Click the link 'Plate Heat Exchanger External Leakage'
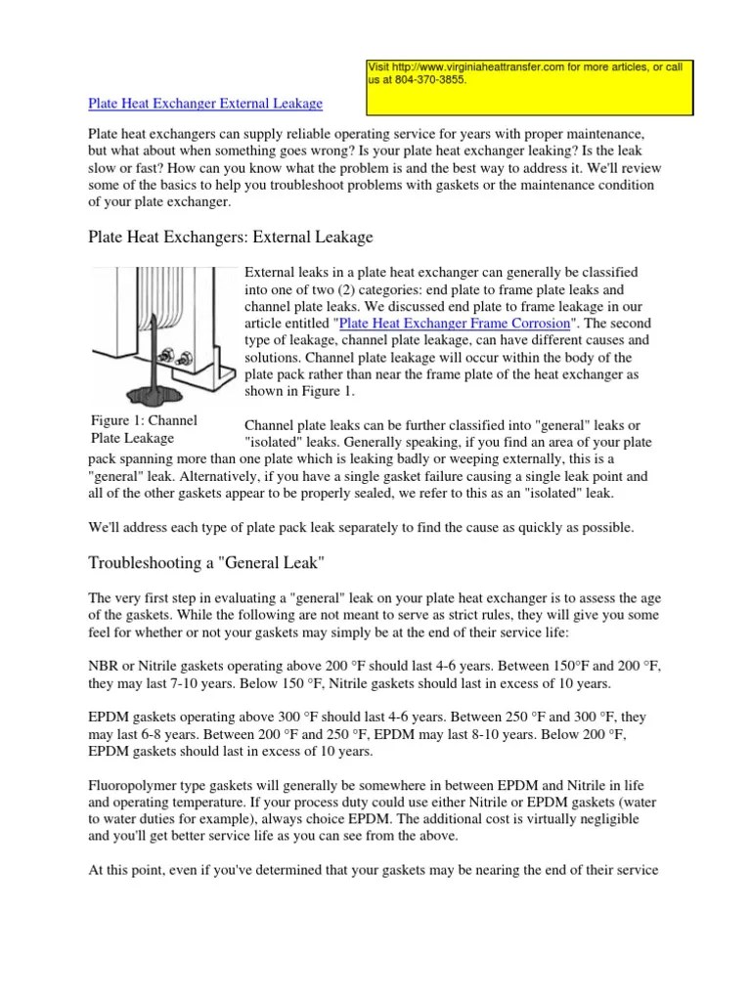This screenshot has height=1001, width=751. click(x=205, y=103)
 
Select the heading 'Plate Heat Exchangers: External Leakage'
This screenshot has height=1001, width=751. click(x=230, y=237)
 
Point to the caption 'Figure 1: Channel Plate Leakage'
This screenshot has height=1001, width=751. click(x=137, y=429)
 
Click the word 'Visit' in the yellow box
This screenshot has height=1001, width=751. click(x=378, y=66)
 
